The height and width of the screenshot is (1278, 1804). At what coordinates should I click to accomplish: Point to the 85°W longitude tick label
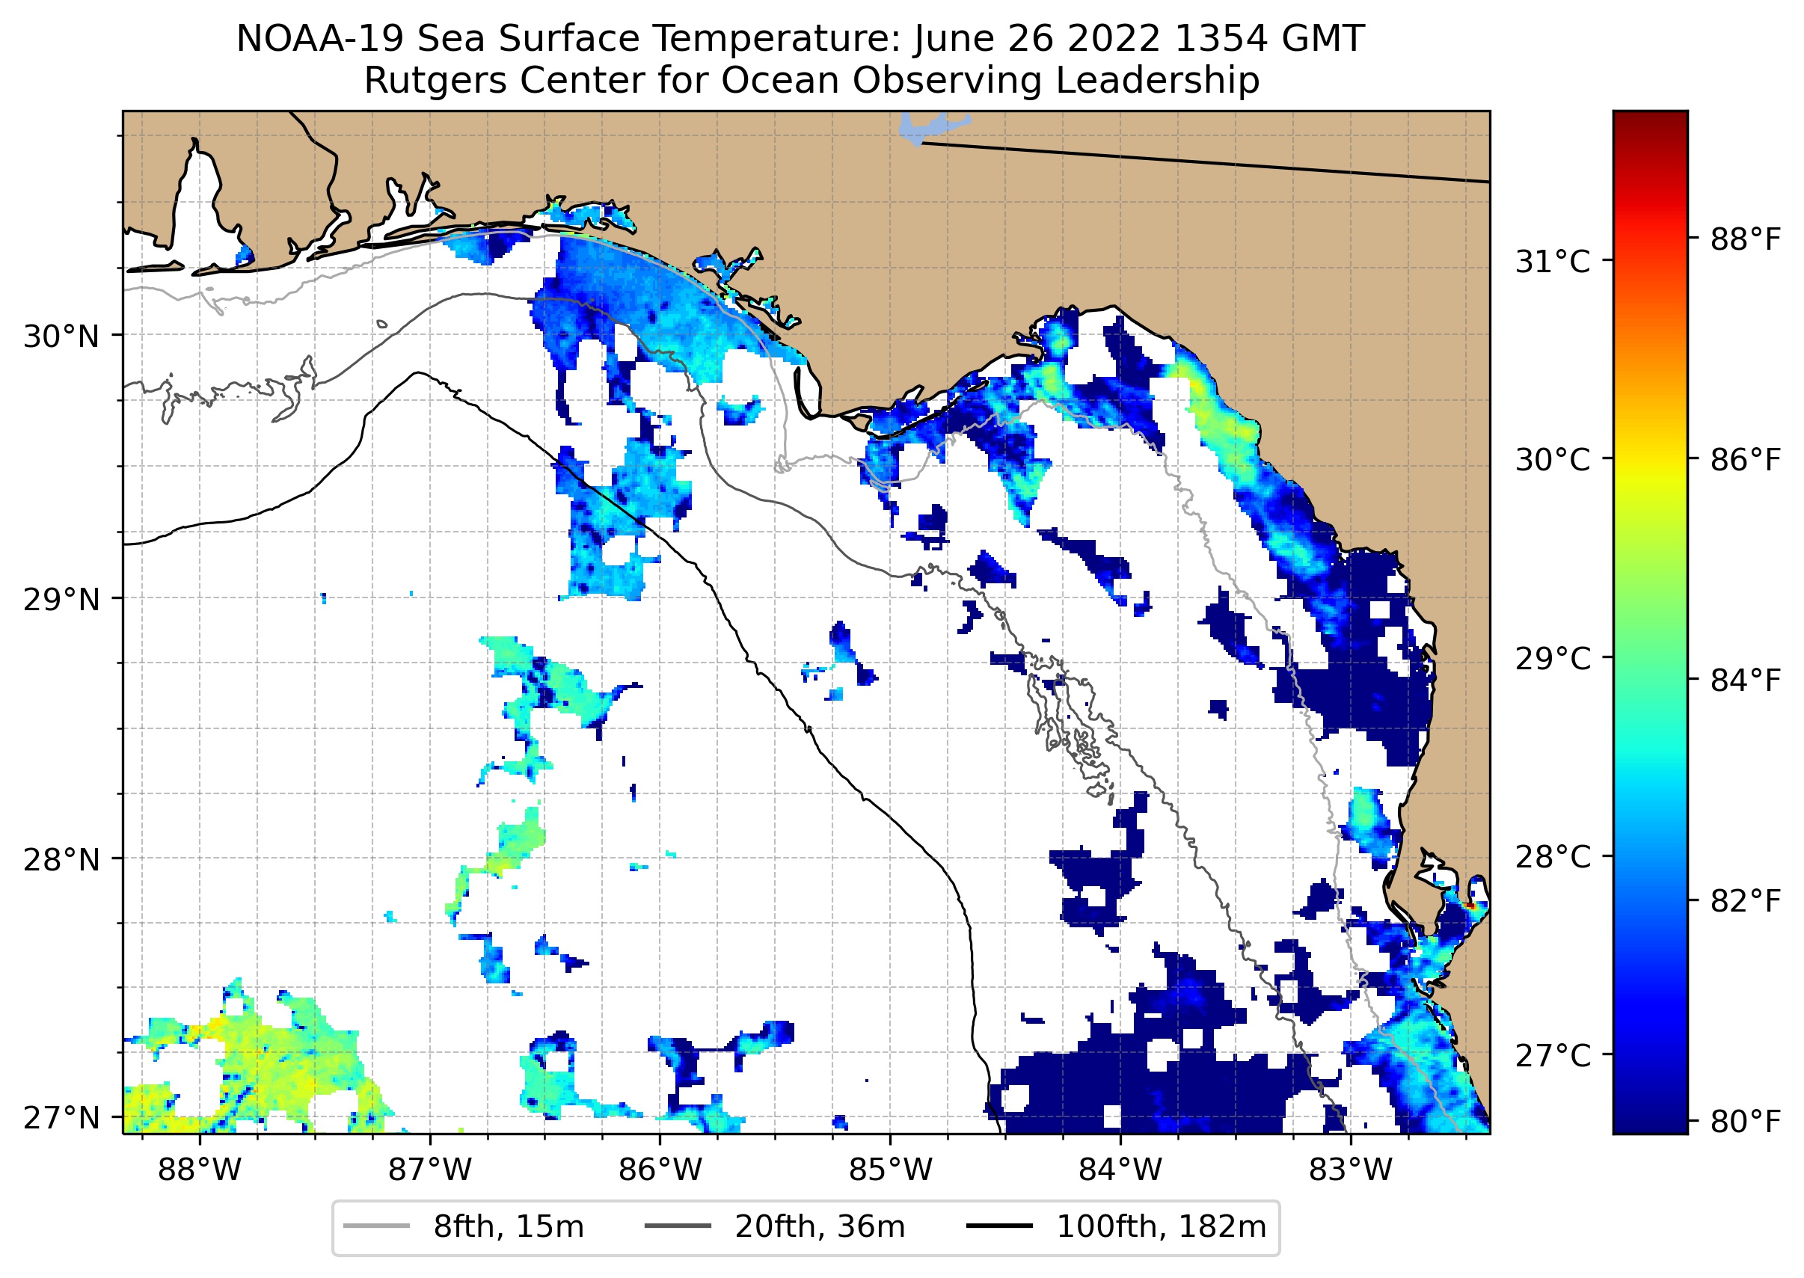pos(890,1170)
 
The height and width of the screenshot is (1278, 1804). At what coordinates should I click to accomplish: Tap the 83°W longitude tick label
pos(1351,1170)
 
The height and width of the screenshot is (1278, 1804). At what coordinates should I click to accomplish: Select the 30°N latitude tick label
pos(61,337)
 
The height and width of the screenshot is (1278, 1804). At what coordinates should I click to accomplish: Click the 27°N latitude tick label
pos(61,1117)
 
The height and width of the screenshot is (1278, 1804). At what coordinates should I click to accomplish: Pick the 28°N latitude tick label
pos(61,860)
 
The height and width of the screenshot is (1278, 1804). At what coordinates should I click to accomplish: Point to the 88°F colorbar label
pos(1744,239)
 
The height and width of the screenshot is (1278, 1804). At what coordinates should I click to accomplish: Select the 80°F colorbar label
pos(1744,1122)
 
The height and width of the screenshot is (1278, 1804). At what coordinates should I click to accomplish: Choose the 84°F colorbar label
pos(1744,681)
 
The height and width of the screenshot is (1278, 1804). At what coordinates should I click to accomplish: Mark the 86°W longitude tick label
pos(660,1170)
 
